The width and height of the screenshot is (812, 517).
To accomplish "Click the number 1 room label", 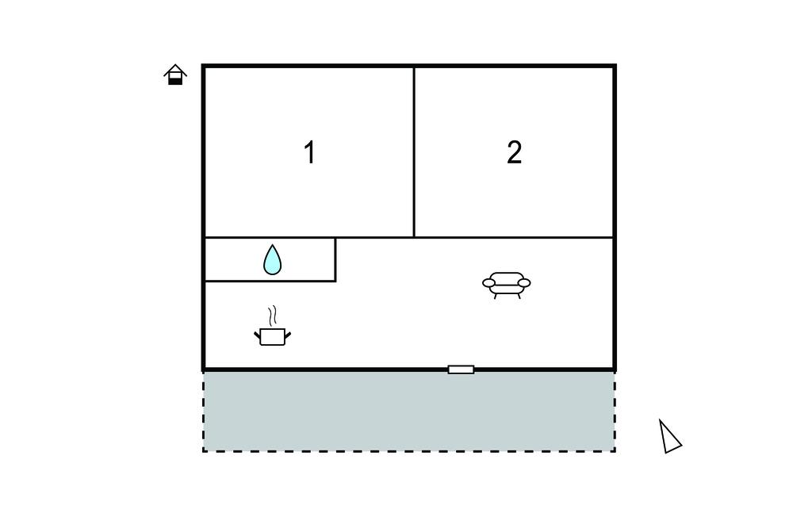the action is click(310, 153).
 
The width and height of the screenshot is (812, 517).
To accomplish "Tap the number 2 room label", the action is click(514, 153).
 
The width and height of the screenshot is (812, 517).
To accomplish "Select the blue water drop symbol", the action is click(273, 259).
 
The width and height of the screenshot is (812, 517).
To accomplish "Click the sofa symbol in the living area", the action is click(507, 285).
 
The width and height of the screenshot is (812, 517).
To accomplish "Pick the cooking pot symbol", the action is click(273, 336).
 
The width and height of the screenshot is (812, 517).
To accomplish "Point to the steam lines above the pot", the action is click(273, 315).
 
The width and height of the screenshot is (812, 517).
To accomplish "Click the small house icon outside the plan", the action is click(175, 75).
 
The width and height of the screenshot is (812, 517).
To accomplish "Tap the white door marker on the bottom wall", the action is click(461, 370).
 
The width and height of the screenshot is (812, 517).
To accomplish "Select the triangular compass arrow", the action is click(669, 437).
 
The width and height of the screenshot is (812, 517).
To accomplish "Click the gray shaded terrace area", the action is click(409, 412).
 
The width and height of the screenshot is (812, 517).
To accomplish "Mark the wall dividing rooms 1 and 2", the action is click(414, 152).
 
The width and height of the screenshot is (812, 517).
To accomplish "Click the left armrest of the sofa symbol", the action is click(488, 283).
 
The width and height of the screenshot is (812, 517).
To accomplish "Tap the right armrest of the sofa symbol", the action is click(524, 283).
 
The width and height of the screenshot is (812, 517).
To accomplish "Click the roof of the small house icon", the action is click(175, 68).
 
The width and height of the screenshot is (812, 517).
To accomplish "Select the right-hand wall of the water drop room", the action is click(335, 259).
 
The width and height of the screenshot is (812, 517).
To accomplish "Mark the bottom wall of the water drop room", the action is click(270, 281).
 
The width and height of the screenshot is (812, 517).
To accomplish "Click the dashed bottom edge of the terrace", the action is click(409, 451).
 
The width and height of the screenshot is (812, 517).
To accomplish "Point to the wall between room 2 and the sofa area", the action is click(514, 237).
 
